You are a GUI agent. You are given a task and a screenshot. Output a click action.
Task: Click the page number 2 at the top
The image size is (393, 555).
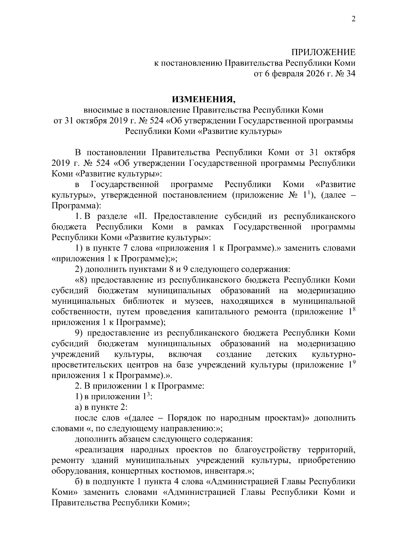pos(353,19)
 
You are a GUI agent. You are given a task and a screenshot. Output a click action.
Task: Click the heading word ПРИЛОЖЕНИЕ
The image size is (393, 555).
pos(324,52)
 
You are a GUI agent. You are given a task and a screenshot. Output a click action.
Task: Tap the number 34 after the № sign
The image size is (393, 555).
pos(350,74)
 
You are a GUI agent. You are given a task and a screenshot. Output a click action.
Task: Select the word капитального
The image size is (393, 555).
pos(224,312)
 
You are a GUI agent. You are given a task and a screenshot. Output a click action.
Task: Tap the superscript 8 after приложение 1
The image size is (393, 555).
pos(353,309)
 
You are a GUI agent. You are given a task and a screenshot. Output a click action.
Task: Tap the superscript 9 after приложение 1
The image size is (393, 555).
pos(353,362)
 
